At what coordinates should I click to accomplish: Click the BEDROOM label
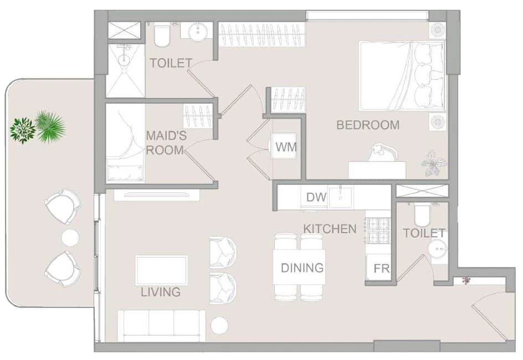[368, 125]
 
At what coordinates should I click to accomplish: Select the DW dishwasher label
[316, 197]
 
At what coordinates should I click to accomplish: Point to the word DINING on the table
[302, 268]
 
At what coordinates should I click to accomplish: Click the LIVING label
[161, 292]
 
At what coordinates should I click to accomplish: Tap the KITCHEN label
[330, 229]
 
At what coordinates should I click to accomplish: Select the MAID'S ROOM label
[166, 143]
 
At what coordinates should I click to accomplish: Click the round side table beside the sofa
[219, 325]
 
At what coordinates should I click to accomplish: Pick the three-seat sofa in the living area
[162, 326]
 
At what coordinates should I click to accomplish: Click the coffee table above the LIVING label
[161, 270]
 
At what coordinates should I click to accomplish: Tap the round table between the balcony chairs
[70, 238]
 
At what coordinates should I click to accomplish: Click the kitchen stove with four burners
[378, 230]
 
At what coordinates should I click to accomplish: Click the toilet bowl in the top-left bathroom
[162, 35]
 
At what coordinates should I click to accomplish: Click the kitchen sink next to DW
[341, 197]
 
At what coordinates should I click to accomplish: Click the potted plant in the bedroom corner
[434, 163]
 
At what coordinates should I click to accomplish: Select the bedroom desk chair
[382, 153]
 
